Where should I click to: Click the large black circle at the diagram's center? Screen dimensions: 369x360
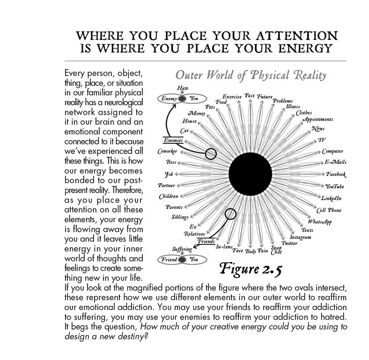coord(250,174)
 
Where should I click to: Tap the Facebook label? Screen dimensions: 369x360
coord(336,174)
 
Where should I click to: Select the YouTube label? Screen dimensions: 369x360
coord(335,186)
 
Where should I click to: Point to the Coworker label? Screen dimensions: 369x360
coord(167,151)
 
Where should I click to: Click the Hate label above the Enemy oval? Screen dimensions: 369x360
coord(183,88)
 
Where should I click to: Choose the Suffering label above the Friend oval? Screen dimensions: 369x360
coord(182,249)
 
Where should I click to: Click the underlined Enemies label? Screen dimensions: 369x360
coord(173,140)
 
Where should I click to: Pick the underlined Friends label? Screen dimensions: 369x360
coord(206,241)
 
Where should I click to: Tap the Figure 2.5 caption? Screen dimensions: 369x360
coord(251,269)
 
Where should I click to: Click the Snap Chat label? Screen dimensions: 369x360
coord(276,250)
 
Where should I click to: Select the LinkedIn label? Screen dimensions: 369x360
coord(332,198)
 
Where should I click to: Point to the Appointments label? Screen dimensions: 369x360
coord(318,119)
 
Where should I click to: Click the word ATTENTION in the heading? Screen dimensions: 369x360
coord(297,36)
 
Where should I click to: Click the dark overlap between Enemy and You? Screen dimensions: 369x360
coord(182,99)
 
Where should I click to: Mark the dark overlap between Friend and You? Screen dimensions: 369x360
coord(182,259)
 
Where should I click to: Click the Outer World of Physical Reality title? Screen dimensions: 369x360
coord(251,75)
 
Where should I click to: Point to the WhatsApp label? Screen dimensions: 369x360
coord(320,221)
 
